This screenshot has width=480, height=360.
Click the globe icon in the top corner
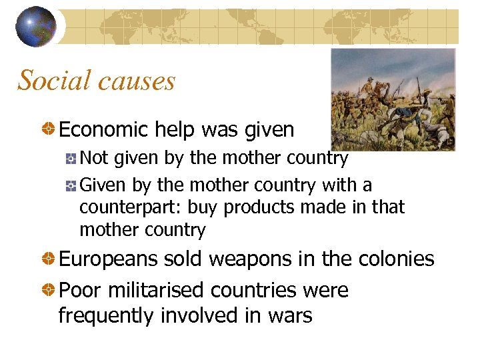(35, 27)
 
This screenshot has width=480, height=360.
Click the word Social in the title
(53, 81)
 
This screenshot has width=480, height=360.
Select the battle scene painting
(393, 99)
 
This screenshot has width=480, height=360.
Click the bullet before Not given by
(71, 159)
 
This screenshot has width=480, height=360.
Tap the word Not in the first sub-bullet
(94, 158)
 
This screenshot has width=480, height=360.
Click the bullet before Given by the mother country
(71, 185)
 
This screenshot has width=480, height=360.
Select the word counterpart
(130, 207)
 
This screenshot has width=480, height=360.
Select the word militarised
(156, 291)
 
